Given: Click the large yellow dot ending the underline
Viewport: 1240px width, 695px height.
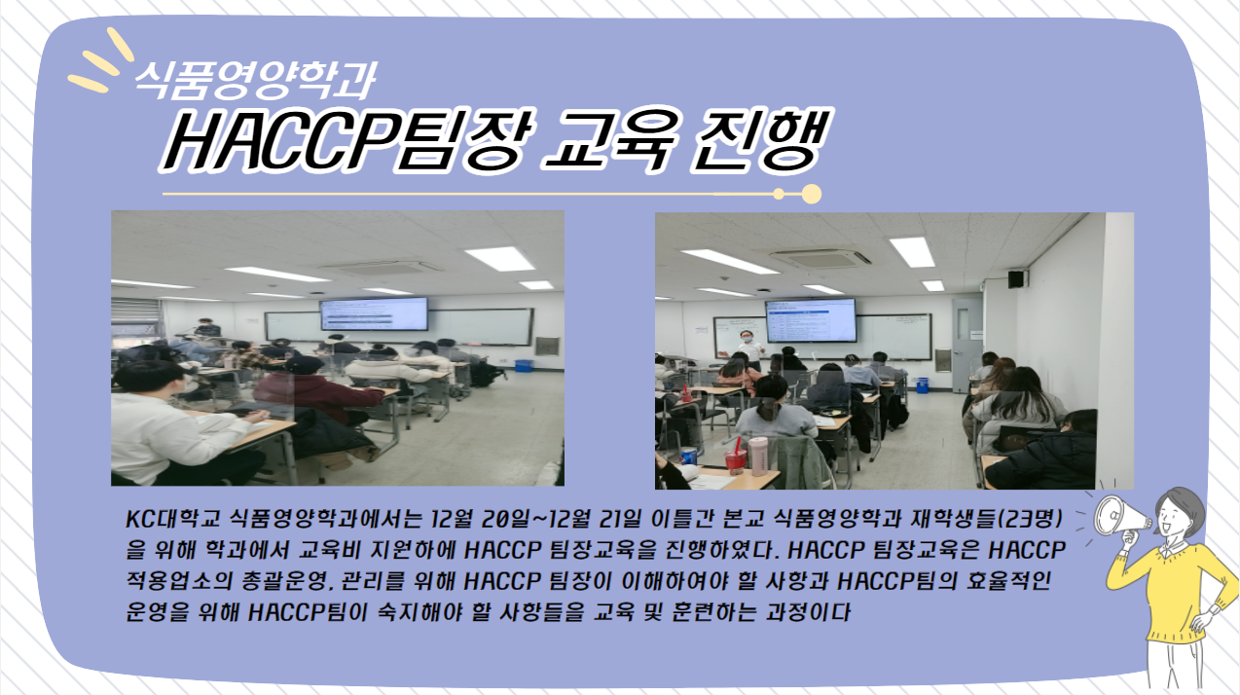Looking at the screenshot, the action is [x=812, y=194].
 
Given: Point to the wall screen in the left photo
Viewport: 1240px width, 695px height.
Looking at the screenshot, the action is [x=374, y=313].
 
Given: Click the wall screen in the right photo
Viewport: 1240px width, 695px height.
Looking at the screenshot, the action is [x=811, y=320].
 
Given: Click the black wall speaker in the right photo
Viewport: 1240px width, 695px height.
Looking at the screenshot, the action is [x=1016, y=278].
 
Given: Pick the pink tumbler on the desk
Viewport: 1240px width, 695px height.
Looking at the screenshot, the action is [x=758, y=456].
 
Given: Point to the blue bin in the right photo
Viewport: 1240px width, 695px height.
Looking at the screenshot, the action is [x=923, y=384].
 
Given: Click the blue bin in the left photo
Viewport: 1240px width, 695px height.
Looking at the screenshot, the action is [x=523, y=365].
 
